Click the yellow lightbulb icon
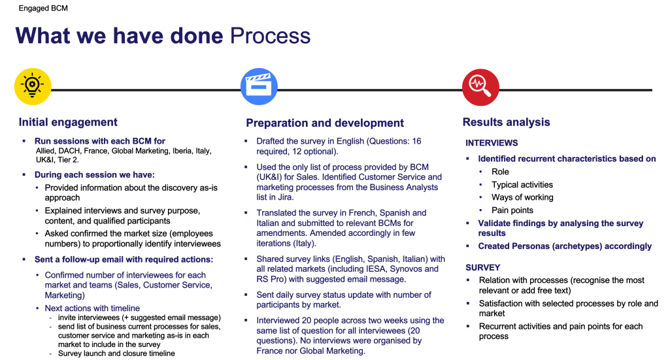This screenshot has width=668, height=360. pyautogui.click(x=33, y=87)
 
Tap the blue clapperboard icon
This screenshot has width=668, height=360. pyautogui.click(x=259, y=87)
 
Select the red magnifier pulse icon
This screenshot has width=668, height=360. pyautogui.click(x=480, y=87)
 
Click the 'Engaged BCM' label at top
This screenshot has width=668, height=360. pyautogui.click(x=42, y=8)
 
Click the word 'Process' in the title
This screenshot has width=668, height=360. pyautogui.click(x=270, y=35)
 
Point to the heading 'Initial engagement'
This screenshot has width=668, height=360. pyautogui.click(x=68, y=122)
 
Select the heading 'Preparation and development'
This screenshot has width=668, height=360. pyautogui.click(x=325, y=123)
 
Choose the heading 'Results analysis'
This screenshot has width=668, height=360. pyautogui.click(x=506, y=122)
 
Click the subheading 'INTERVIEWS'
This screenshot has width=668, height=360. pyautogui.click(x=492, y=143)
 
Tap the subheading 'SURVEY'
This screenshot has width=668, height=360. pyautogui.click(x=483, y=268)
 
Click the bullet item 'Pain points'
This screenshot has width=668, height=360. pyautogui.click(x=512, y=210)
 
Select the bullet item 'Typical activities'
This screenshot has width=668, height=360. pyautogui.click(x=522, y=185)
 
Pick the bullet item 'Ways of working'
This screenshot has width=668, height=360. pyautogui.click(x=522, y=197)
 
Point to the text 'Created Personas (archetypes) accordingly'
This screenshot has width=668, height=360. pyautogui.click(x=565, y=246)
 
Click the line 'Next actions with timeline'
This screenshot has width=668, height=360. pyautogui.click(x=92, y=308)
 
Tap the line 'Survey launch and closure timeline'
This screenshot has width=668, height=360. pyautogui.click(x=116, y=353)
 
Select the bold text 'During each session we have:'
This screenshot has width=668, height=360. pyautogui.click(x=95, y=175)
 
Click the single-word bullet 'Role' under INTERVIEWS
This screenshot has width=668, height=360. pyautogui.click(x=500, y=172)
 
